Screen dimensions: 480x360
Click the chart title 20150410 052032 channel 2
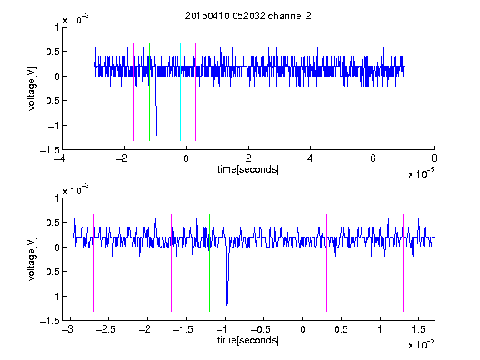coord(248,16)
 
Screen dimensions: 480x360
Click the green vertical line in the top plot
coord(149,92)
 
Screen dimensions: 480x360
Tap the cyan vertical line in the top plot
coord(180,92)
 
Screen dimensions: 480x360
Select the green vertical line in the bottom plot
coord(209,262)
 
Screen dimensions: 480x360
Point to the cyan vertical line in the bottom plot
coord(287,262)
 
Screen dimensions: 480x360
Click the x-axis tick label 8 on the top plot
coord(434,158)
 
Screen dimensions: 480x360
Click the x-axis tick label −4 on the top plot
coord(60,158)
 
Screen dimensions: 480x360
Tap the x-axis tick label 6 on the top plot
coord(372,158)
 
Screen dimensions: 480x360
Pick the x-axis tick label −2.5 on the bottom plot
coord(105,329)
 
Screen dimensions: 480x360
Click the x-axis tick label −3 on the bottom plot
coord(67,329)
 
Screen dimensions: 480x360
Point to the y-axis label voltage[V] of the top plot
coord(32,88)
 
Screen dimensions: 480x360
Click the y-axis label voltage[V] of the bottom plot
coord(32,259)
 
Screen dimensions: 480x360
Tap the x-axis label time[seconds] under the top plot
coord(248,169)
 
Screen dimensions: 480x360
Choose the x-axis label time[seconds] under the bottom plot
coord(248,340)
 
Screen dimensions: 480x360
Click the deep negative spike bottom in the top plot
coord(156,135)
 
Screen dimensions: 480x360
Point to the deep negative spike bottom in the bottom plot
coord(227,305)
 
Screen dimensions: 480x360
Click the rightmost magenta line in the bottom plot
coord(403,262)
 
